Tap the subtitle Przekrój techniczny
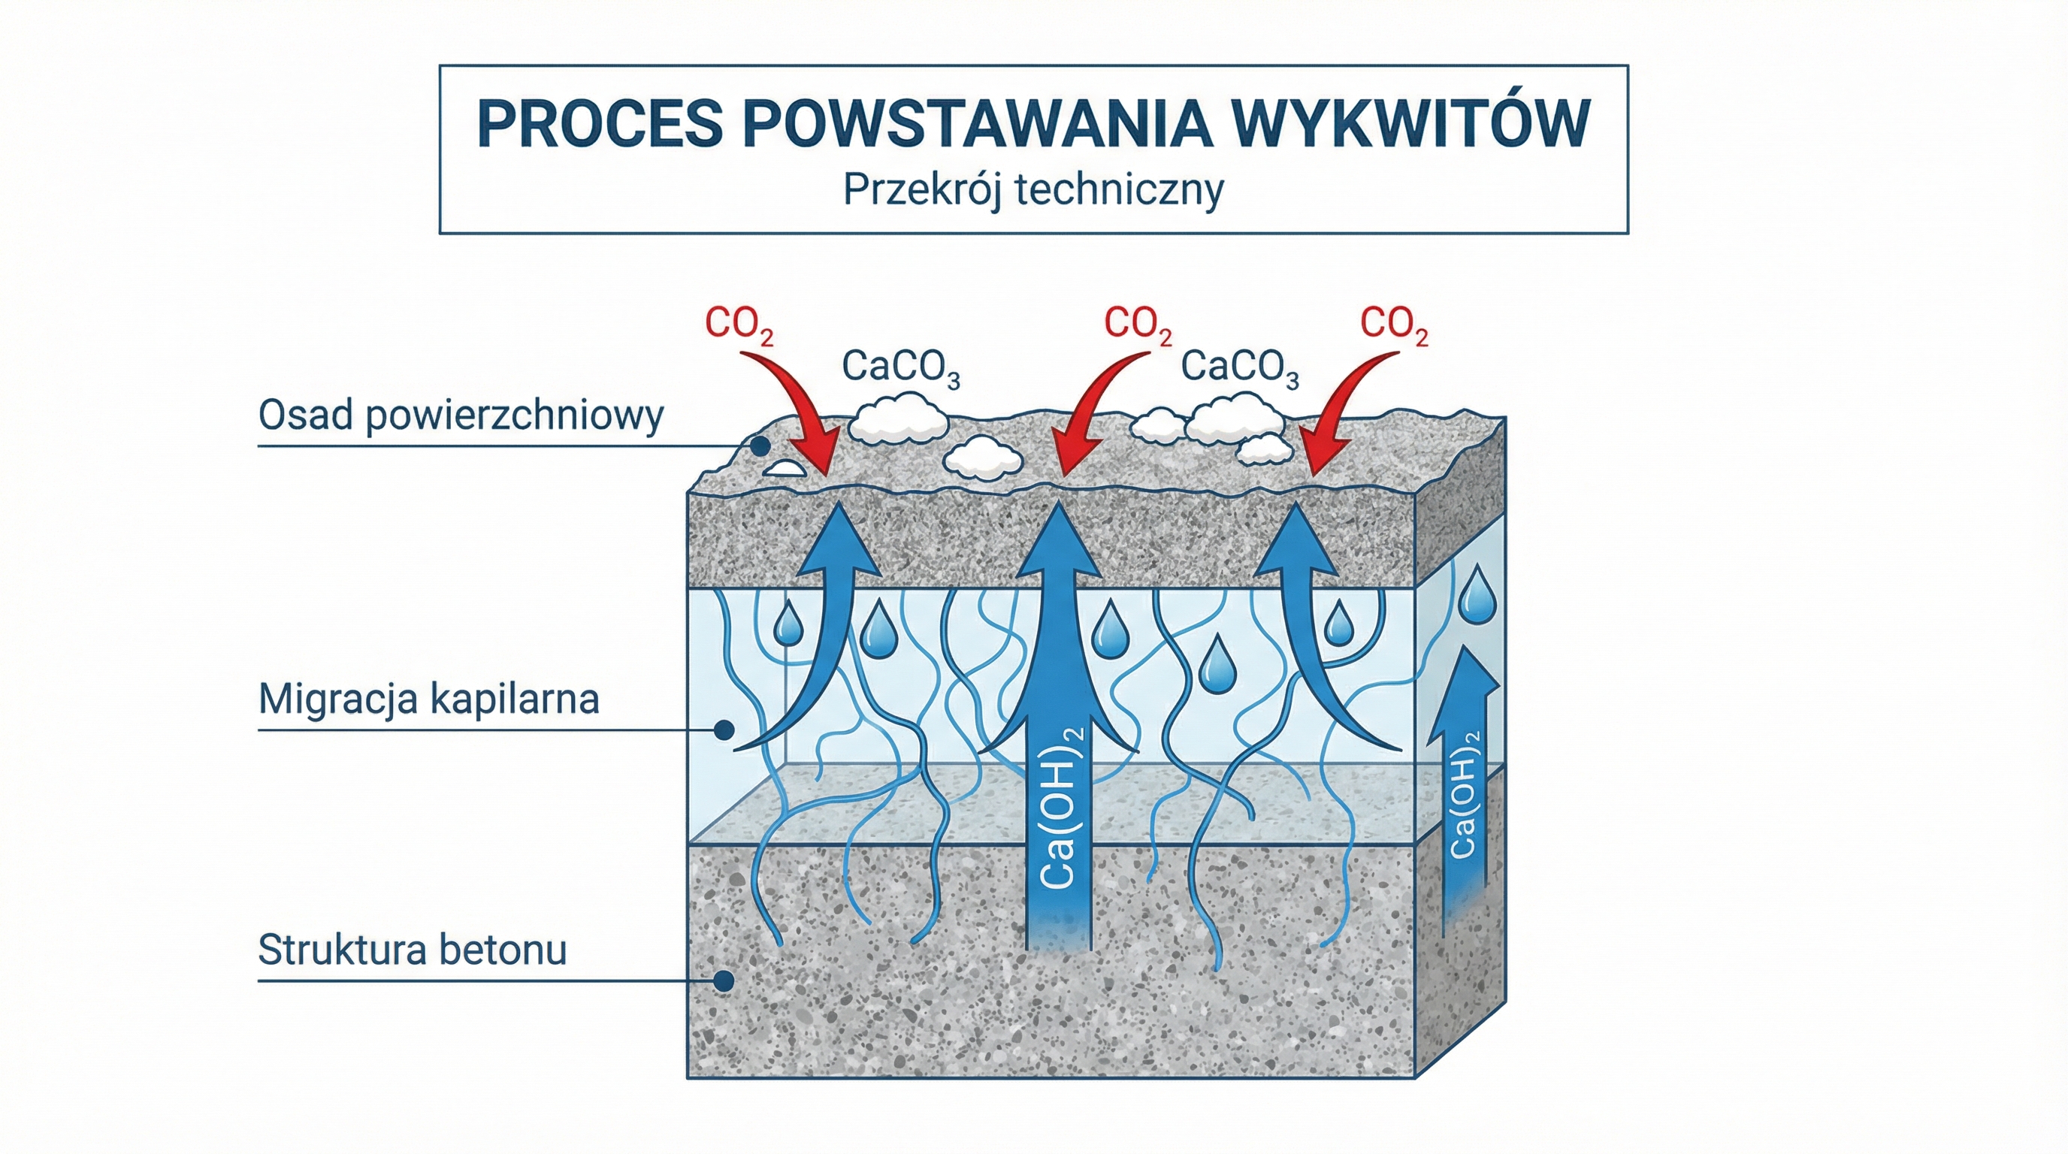pyautogui.click(x=1033, y=191)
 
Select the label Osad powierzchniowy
pyautogui.click(x=461, y=415)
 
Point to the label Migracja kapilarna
pyautogui.click(x=428, y=699)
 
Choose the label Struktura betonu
pyautogui.click(x=413, y=950)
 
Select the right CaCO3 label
pyautogui.click(x=1239, y=367)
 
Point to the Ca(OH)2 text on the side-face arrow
pyautogui.click(x=1464, y=794)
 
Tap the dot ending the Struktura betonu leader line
pyautogui.click(x=724, y=980)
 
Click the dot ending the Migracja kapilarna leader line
pyautogui.click(x=724, y=730)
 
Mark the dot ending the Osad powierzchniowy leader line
pyautogui.click(x=760, y=446)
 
